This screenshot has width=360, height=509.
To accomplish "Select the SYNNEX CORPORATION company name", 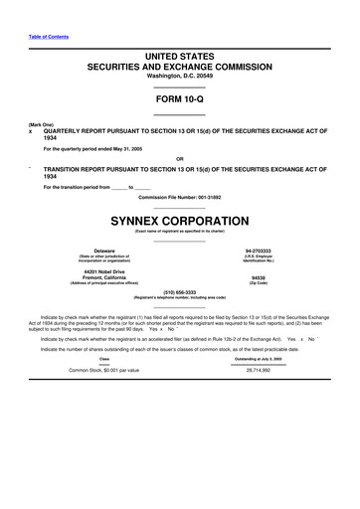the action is click(x=179, y=219).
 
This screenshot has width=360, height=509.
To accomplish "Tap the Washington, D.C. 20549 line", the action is click(x=179, y=76).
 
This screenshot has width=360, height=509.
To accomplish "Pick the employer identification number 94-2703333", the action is click(x=258, y=251).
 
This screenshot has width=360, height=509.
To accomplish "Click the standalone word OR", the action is click(x=179, y=158).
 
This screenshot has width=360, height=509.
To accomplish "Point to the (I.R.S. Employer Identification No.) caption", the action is click(x=258, y=259).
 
